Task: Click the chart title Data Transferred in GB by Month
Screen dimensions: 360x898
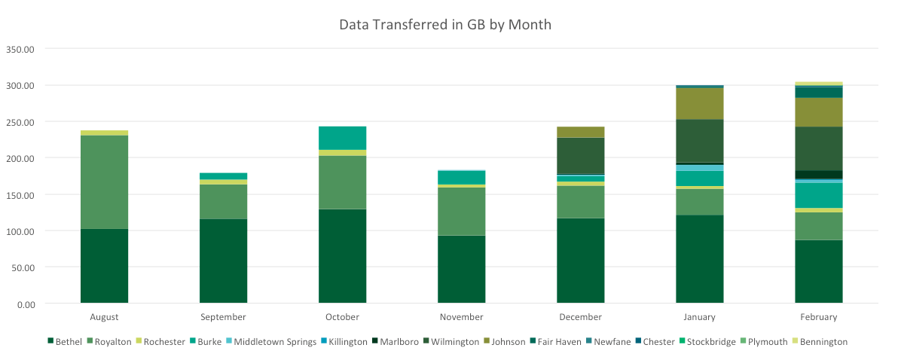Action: click(445, 25)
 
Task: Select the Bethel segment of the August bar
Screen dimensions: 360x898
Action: click(104, 266)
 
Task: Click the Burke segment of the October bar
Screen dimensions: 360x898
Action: click(342, 138)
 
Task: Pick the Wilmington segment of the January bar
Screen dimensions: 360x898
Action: click(699, 141)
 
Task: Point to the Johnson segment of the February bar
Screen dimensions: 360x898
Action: click(818, 112)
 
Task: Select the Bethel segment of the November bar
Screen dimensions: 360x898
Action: click(461, 269)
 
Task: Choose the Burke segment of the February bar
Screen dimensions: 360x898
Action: click(818, 195)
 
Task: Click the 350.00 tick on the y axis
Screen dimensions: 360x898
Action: click(21, 49)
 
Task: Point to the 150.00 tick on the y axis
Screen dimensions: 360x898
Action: click(21, 194)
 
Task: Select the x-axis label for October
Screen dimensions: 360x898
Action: click(342, 317)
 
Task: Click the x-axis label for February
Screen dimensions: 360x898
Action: click(818, 317)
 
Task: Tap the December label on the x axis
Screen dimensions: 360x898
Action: click(580, 317)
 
